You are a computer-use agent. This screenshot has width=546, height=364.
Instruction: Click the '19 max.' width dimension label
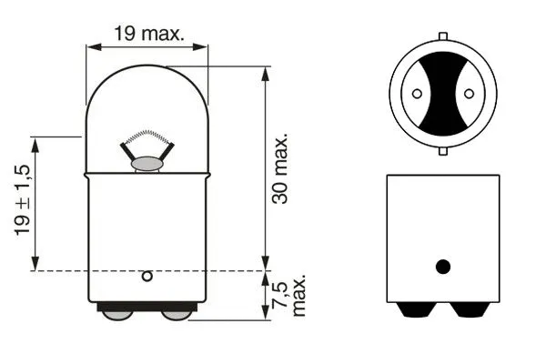pos(147,35)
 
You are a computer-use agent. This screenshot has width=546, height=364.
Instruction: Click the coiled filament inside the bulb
pos(147,140)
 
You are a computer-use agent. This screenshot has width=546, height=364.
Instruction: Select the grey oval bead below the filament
pos(147,164)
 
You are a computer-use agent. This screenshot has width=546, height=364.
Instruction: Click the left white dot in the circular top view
pos(417,93)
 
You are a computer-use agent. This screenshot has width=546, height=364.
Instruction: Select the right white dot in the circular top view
pos(469,93)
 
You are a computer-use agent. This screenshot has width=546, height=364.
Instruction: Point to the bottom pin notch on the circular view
pos(443,148)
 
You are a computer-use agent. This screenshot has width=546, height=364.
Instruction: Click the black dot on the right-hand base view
pos(443,267)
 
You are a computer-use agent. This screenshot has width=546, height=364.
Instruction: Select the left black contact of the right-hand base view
pos(413,310)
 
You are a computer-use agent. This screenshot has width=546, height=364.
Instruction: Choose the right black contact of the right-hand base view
pos(471,310)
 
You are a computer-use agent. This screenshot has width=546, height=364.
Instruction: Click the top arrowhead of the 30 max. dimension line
pos(265,73)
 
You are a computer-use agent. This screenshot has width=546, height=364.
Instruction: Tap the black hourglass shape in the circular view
pos(443,93)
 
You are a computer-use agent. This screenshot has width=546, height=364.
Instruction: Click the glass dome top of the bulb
pos(147,77)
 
